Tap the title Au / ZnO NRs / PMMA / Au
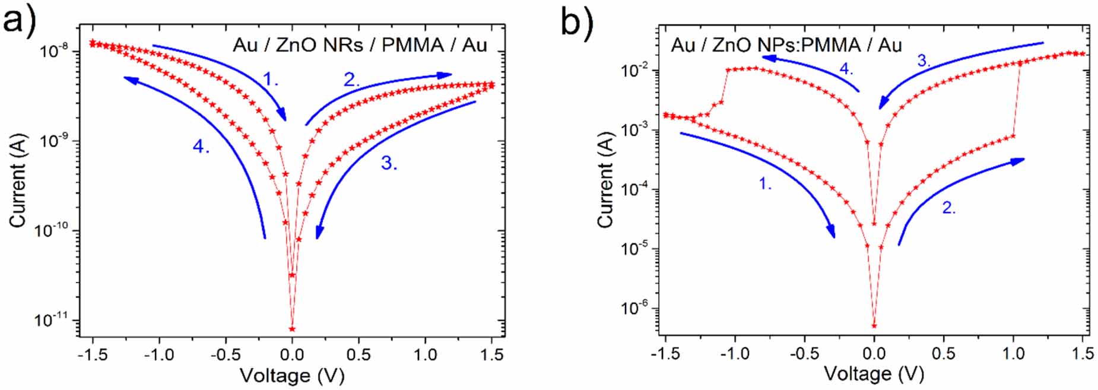point(360,45)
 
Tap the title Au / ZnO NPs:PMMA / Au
point(786,45)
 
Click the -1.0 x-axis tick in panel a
point(158,354)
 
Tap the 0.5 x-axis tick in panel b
point(943,354)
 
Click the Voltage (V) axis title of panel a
point(291,376)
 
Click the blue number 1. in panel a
point(271,79)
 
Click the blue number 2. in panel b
point(949,208)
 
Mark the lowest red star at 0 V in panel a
point(291,328)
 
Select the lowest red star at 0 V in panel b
point(874,325)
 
